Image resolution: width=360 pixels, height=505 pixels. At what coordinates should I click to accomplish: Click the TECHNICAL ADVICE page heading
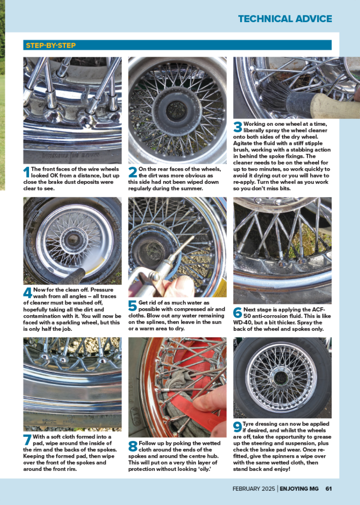click(285, 19)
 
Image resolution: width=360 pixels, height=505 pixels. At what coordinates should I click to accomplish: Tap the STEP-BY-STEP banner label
click(51, 45)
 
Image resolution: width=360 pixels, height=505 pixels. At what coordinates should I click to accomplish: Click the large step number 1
click(27, 172)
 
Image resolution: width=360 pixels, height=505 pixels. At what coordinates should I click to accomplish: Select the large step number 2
click(133, 172)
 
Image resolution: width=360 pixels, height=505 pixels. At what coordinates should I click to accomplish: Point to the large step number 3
click(238, 127)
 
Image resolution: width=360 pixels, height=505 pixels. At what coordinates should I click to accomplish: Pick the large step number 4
click(28, 293)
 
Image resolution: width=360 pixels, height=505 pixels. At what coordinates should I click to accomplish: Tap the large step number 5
click(133, 306)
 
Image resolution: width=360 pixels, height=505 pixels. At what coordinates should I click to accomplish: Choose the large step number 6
click(238, 313)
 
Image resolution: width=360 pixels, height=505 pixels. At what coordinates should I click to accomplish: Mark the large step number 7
click(28, 440)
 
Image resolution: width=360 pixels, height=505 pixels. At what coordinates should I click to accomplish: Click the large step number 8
click(133, 446)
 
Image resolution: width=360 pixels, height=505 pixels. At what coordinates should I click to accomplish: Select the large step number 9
click(238, 427)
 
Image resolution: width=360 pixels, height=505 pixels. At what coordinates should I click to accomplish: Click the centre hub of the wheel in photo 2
click(177, 110)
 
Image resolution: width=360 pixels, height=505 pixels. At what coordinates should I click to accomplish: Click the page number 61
click(328, 489)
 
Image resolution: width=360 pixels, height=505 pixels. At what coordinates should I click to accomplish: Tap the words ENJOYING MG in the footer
click(299, 489)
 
